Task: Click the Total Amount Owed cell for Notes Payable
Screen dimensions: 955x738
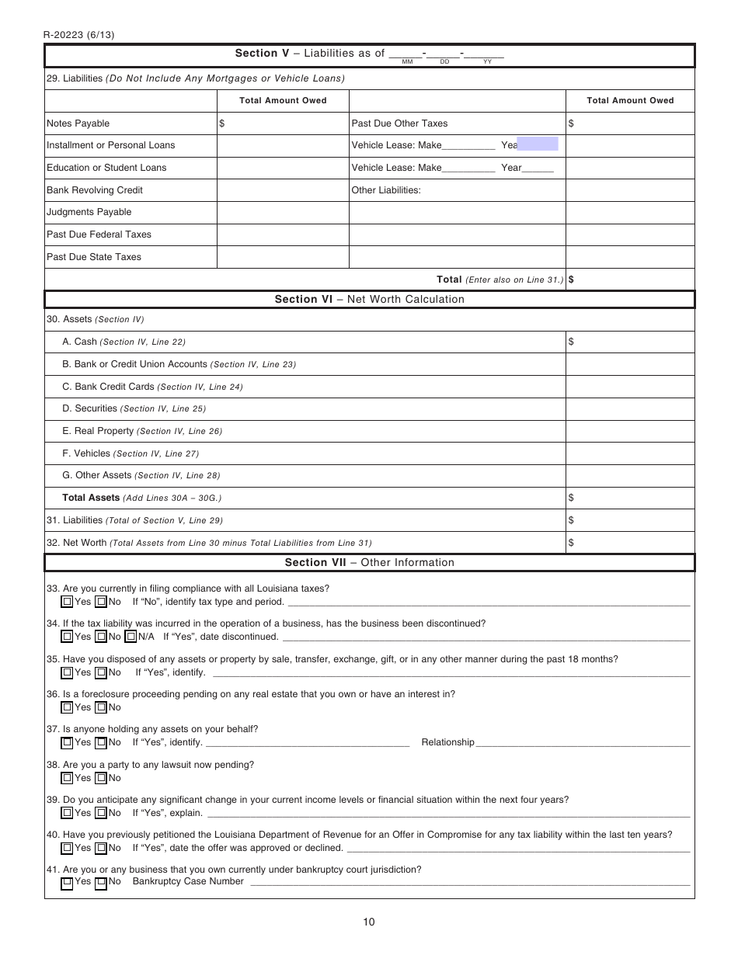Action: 283,123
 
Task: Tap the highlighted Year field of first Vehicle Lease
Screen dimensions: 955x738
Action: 538,144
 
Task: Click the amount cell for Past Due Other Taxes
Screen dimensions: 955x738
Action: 629,123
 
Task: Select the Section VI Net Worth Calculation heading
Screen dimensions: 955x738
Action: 369,300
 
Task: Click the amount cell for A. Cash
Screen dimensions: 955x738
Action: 629,342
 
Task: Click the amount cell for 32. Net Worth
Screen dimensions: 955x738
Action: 629,543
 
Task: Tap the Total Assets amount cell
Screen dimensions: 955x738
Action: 629,498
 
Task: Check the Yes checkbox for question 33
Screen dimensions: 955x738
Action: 68,602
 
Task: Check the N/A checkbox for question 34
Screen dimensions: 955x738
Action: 131,637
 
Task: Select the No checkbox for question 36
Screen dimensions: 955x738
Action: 100,707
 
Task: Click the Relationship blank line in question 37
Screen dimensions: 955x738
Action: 583,743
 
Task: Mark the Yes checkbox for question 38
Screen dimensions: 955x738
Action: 68,778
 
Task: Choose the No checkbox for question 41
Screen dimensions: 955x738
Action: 100,882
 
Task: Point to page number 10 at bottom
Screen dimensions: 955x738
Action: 368,922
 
